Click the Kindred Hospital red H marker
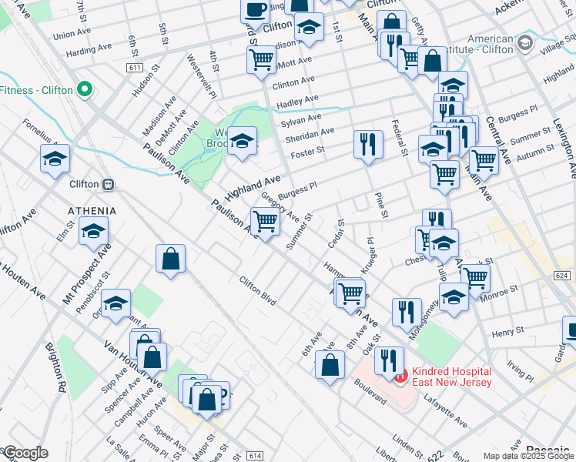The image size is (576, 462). [x=400, y=377]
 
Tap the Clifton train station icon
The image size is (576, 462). [x=109, y=185]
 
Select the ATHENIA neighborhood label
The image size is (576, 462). [x=92, y=210]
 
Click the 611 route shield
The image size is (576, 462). [x=136, y=69]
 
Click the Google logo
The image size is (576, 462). [x=26, y=453]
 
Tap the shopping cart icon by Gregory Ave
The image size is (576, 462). [x=265, y=222]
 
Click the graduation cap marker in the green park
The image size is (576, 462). [x=242, y=141]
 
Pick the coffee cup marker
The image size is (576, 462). [x=256, y=9]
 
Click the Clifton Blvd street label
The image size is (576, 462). [x=257, y=291]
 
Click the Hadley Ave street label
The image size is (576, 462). [x=298, y=100]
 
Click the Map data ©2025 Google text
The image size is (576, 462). [x=528, y=456]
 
